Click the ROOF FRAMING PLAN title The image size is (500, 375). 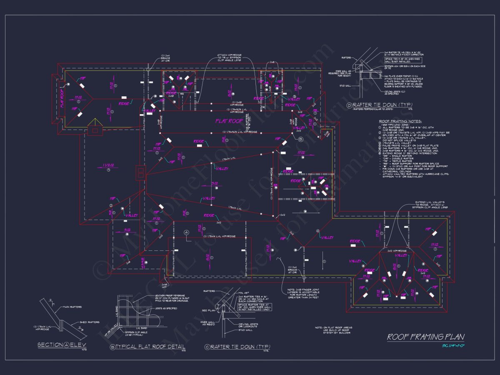click(425, 337)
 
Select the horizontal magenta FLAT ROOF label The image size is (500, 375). click(229, 121)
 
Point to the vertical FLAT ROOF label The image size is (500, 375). click(62, 98)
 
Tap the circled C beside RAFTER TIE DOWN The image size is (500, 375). click(207, 347)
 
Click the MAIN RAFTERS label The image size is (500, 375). click(73, 307)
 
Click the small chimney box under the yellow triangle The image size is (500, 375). click(96, 130)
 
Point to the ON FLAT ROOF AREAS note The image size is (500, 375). click(338, 330)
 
